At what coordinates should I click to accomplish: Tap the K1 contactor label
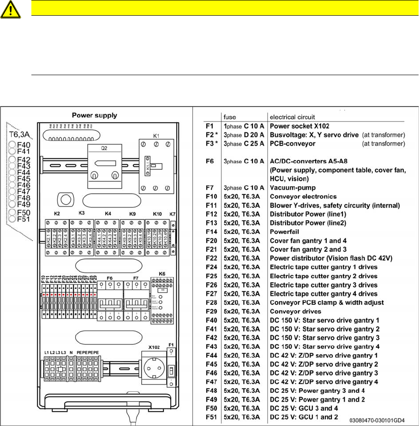(x=156, y=136)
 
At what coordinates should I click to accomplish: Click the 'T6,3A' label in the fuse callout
(x=20, y=135)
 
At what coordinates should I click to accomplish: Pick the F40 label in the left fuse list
(x=24, y=145)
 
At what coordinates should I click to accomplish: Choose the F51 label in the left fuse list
(x=24, y=219)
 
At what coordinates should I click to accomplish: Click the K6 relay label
(x=162, y=273)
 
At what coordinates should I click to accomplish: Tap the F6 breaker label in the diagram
(x=110, y=279)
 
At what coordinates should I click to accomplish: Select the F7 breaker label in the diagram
(x=136, y=279)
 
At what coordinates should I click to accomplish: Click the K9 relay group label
(x=132, y=214)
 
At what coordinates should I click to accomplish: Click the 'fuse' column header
(x=230, y=117)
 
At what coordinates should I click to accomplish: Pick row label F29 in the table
(x=211, y=311)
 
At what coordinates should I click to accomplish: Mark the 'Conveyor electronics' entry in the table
(x=303, y=196)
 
